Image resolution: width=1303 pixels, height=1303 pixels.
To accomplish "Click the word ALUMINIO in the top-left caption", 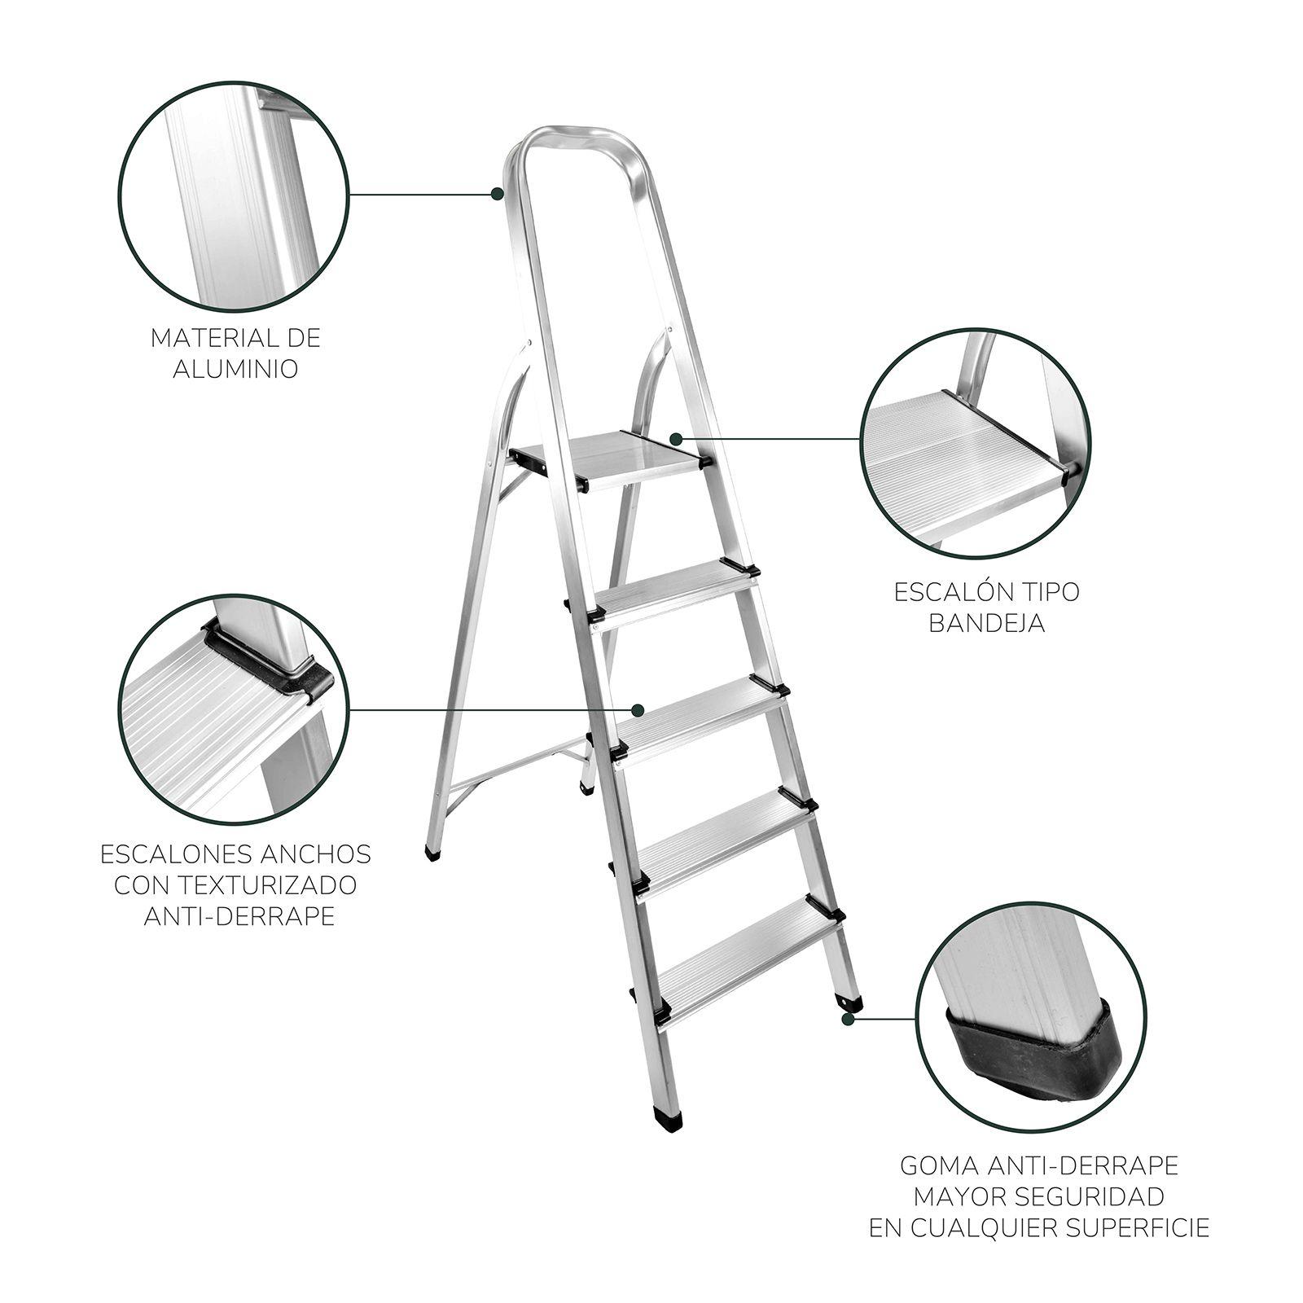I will (x=236, y=369).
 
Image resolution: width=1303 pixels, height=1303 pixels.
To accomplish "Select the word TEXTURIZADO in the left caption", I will (x=235, y=884).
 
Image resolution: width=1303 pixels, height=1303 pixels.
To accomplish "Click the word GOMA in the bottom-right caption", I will (x=936, y=1165).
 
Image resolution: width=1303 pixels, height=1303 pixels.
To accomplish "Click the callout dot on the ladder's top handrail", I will (x=497, y=193).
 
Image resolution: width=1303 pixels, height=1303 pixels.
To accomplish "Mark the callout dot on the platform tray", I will (x=676, y=439).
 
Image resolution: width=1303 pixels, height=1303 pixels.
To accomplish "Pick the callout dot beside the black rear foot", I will (x=848, y=1018).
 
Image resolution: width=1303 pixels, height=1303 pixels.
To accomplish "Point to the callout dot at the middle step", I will (x=639, y=709).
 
